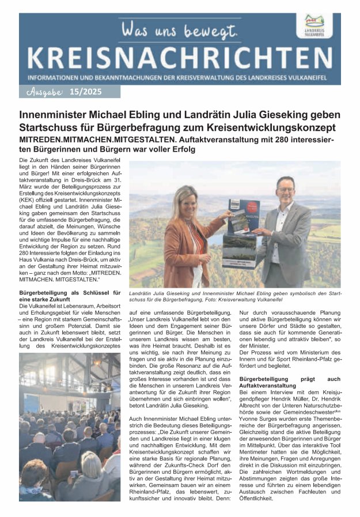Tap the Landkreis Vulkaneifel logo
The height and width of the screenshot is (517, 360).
(319, 25)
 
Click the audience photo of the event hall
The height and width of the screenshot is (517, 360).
(69, 427)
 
